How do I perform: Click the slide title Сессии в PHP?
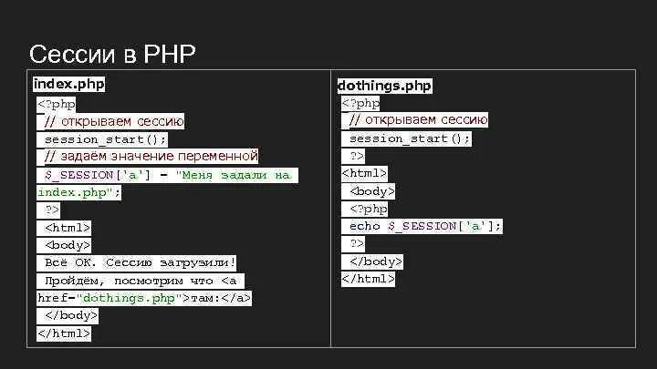112,54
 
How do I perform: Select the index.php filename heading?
68,85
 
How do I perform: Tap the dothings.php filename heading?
384,86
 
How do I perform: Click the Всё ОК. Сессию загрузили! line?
141,262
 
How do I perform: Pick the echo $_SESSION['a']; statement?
425,226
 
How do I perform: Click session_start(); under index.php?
106,139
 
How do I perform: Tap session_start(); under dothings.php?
410,138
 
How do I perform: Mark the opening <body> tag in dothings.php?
372,191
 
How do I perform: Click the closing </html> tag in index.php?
64,333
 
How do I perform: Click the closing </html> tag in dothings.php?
369,279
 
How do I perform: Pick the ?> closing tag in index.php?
52,210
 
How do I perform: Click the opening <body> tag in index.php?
68,245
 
